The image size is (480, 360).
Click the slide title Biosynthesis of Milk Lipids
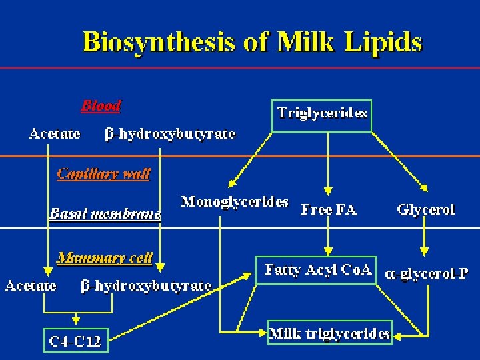252,43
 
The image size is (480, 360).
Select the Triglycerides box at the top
322,113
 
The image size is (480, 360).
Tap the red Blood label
101,105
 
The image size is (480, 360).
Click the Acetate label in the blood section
55,134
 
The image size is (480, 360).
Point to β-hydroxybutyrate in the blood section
170,134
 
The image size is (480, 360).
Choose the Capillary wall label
103,174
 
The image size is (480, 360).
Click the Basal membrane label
105,214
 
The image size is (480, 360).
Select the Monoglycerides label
235,201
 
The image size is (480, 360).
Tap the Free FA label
328,210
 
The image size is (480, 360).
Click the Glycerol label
425,209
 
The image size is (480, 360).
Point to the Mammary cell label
105,257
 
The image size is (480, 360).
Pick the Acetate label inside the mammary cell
31,286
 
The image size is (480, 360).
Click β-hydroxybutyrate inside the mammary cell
145,286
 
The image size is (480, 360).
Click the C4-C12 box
75,342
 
